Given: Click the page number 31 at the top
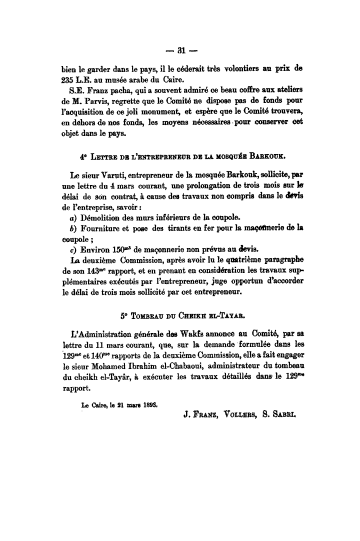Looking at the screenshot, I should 180,49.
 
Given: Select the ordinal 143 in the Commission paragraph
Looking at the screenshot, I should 90,271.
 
